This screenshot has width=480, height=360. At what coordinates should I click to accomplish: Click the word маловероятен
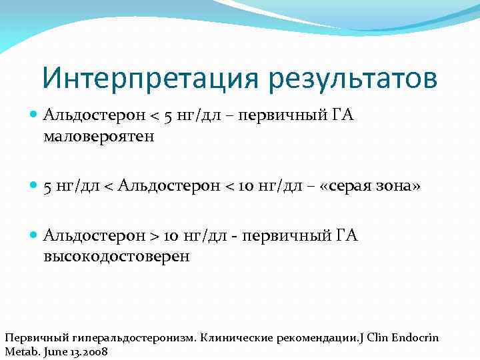tap(99, 137)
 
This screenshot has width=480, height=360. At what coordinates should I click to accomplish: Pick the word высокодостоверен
tap(116, 257)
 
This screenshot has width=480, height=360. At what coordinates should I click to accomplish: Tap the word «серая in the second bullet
tap(351, 187)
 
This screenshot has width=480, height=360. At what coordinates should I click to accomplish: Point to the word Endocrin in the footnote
tap(414, 337)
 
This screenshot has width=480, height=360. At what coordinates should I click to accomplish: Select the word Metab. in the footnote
tap(20, 351)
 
